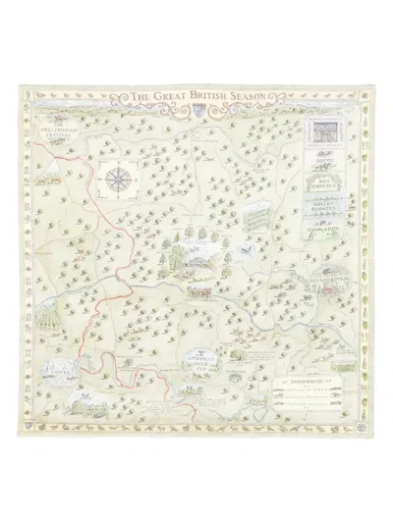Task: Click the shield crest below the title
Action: pos(196,111)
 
